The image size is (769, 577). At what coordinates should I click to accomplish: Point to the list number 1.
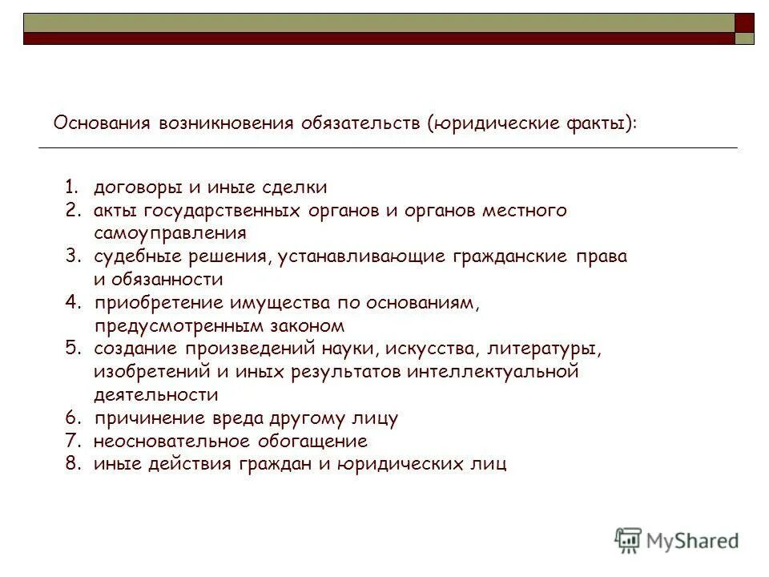pos(72,188)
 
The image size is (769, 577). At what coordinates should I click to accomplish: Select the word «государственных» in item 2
pos(222,211)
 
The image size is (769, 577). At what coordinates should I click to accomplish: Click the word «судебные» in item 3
pos(129,257)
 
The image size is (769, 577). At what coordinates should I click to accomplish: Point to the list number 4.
pos(73,304)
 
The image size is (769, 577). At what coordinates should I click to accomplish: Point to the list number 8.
pos(73,465)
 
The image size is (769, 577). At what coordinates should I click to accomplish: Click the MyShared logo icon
pos(629,540)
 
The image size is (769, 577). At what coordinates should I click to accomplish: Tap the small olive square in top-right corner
pos(745,38)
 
